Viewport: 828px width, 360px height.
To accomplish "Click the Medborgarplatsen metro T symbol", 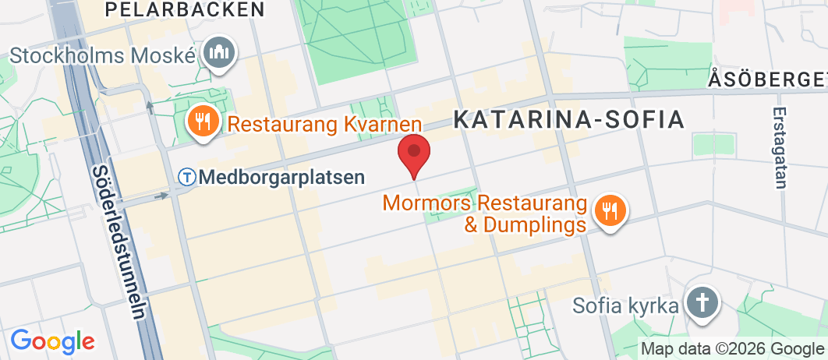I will pyautogui.click(x=187, y=177).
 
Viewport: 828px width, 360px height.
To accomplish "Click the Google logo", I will pyautogui.click(x=52, y=341).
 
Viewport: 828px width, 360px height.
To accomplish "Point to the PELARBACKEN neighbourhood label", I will pyautogui.click(x=184, y=9).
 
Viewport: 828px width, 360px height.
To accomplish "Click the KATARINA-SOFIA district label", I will pyautogui.click(x=569, y=119).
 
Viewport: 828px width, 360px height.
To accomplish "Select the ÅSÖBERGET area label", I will pyautogui.click(x=767, y=79).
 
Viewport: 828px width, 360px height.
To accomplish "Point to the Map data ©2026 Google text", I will pyautogui.click(x=733, y=348).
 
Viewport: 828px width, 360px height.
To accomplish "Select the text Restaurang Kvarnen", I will pyautogui.click(x=324, y=124).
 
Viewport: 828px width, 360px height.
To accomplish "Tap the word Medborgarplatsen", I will pyautogui.click(x=281, y=177).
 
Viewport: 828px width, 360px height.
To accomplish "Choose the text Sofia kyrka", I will pyautogui.click(x=625, y=305).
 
